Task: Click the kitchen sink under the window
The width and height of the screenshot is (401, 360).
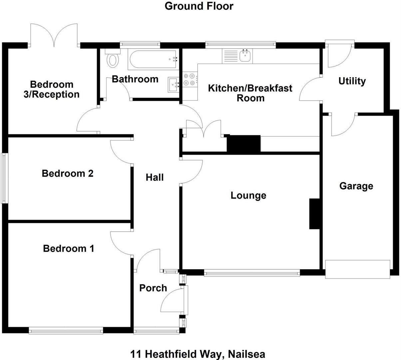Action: pyautogui.click(x=245, y=56)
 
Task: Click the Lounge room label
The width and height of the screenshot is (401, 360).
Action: pyautogui.click(x=248, y=195)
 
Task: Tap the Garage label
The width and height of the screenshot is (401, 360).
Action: pyautogui.click(x=356, y=186)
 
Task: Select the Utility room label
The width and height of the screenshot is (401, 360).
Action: pyautogui.click(x=352, y=81)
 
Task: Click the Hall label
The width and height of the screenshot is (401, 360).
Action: pyautogui.click(x=155, y=177)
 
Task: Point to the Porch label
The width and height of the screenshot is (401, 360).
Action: pyautogui.click(x=153, y=288)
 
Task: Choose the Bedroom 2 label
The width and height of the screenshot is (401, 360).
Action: pyautogui.click(x=68, y=173)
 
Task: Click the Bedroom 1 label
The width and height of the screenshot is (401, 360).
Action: pyautogui.click(x=68, y=249)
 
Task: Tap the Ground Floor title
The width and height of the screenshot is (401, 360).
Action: pyautogui.click(x=199, y=6)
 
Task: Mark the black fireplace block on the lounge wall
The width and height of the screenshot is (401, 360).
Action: pyautogui.click(x=314, y=214)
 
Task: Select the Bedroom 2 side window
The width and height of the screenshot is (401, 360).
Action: pyautogui.click(x=4, y=178)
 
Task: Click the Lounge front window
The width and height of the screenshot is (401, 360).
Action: pyautogui.click(x=252, y=273)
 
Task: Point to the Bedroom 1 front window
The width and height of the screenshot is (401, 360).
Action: pyautogui.click(x=66, y=331)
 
